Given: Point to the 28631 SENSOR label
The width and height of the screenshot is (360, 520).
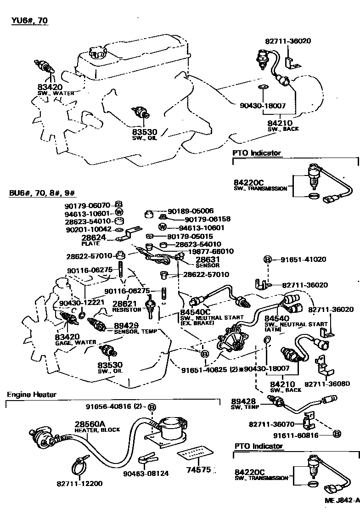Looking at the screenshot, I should click(208, 262).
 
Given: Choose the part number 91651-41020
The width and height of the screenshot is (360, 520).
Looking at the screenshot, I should click(301, 260).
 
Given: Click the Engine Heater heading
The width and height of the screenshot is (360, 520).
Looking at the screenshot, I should click(32, 395).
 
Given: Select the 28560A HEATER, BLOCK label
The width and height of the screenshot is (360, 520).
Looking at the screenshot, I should click(97, 427).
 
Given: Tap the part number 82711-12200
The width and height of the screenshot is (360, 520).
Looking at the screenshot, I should click(79, 484).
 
